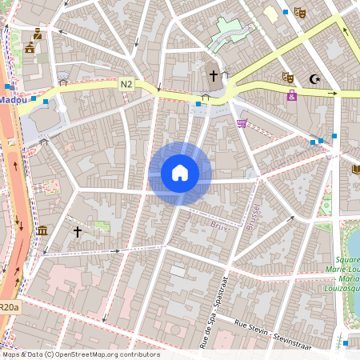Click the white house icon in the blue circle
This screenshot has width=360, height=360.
(180, 173)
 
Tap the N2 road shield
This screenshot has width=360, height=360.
(127, 83)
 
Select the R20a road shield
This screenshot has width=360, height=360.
(9, 306)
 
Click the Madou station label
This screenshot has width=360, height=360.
(12, 100)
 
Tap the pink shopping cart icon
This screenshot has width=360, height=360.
(242, 122)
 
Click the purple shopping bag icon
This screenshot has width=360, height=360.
(291, 95)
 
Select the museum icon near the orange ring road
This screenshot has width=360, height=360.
(42, 231)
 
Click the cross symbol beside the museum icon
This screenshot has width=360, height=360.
(77, 231)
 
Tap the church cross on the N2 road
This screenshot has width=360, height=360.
(213, 76)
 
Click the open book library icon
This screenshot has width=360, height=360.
(355, 169)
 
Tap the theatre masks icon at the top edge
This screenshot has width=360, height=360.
(300, 12)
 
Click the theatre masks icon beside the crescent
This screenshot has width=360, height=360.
(287, 78)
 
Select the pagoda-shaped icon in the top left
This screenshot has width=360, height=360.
(30, 48)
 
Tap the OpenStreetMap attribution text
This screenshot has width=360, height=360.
(81, 354)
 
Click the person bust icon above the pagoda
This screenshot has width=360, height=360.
(38, 34)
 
